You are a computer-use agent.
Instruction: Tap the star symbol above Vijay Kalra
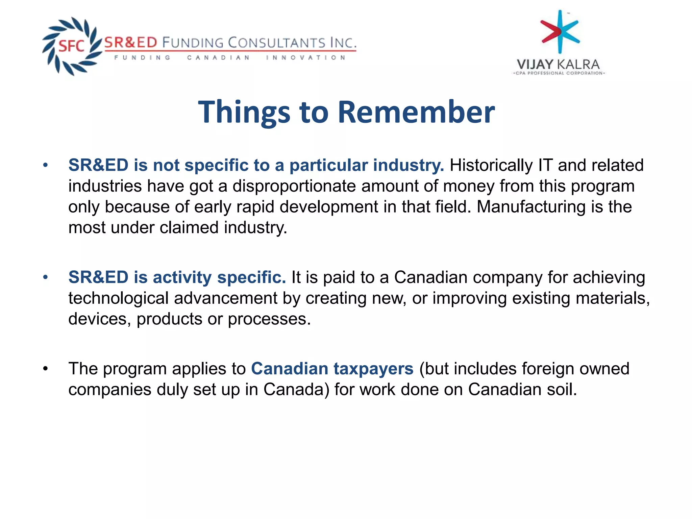(560, 32)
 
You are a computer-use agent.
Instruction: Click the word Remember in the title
(416, 112)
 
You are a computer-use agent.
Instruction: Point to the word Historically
(491, 166)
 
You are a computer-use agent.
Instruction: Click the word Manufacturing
(531, 207)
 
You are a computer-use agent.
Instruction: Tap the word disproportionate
(294, 186)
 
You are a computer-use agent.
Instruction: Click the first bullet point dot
(46, 166)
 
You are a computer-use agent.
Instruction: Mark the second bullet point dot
(46, 277)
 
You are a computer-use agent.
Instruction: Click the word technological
(118, 298)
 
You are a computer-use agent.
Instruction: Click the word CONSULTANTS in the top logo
(276, 43)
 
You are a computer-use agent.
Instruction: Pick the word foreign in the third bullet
(547, 369)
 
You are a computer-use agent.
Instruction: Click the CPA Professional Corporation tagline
(559, 73)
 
